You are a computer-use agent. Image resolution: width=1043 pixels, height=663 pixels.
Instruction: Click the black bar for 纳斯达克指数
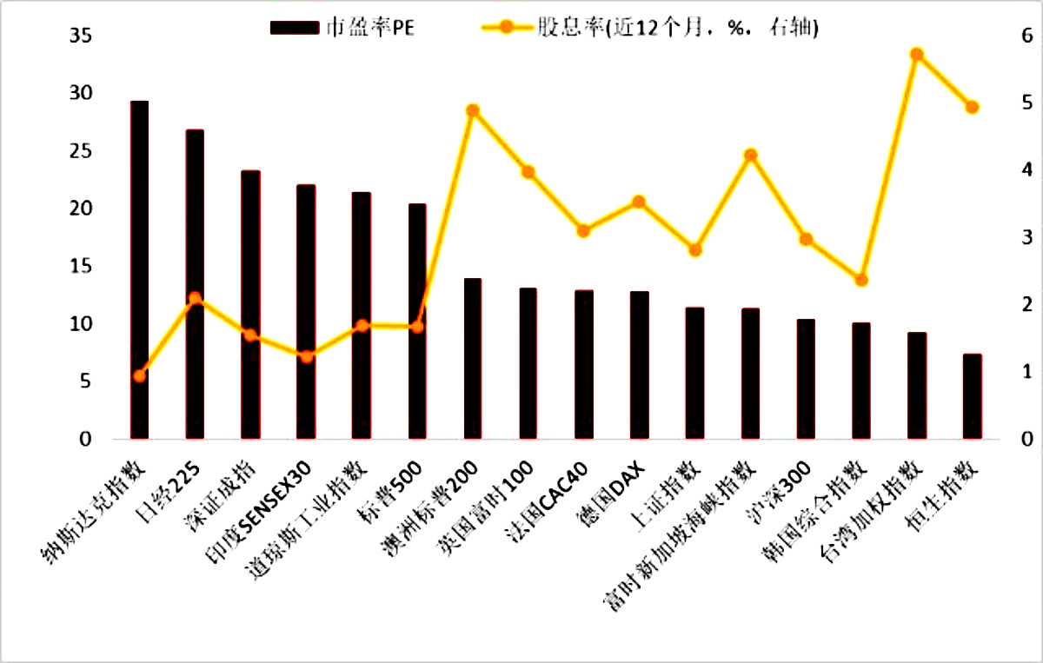click(x=139, y=269)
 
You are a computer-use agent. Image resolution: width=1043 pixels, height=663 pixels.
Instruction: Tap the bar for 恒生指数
click(x=973, y=396)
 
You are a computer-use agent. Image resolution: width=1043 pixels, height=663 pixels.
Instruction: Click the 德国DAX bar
click(x=639, y=365)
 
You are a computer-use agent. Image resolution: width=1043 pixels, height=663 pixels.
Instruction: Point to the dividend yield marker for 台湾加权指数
click(x=916, y=55)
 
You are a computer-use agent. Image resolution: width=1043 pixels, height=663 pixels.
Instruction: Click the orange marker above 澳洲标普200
click(x=473, y=111)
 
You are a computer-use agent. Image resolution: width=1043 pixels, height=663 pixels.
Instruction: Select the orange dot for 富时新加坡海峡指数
click(x=750, y=156)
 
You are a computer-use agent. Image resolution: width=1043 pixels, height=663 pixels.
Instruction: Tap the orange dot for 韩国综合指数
click(x=861, y=280)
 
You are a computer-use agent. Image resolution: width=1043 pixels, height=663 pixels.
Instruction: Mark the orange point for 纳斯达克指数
click(x=139, y=375)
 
